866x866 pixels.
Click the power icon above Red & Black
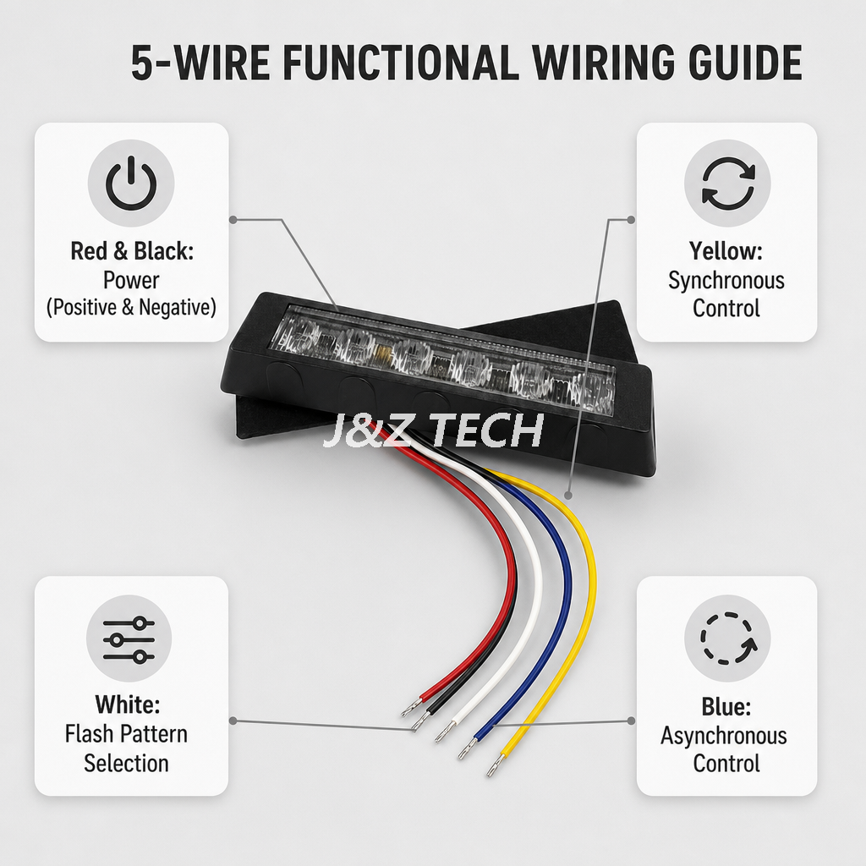coord(131,183)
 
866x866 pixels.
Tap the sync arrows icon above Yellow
coord(727,183)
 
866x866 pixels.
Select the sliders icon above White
coord(129,639)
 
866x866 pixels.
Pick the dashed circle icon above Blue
coord(727,639)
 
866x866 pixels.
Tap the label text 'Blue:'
coord(726,706)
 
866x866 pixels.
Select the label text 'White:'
coord(128,704)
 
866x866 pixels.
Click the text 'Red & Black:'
coord(132,250)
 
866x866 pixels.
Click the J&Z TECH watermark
coord(432,430)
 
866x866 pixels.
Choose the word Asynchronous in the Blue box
coord(724,736)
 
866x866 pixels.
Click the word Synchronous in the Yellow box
coord(726,281)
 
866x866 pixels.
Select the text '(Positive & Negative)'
coord(131,307)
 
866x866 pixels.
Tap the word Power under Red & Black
coord(131,280)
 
